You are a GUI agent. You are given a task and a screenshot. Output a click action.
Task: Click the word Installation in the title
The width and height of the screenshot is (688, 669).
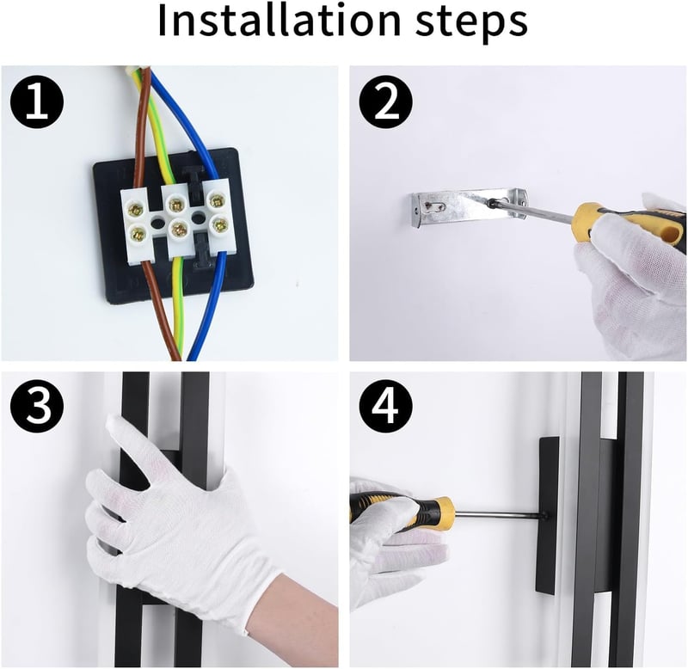279,21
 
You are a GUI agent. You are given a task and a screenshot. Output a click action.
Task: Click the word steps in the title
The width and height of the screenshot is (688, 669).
471,23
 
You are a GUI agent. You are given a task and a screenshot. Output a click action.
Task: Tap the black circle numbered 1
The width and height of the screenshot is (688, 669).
37,101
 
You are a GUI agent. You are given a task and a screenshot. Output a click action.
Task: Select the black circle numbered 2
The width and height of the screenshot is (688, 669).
385,101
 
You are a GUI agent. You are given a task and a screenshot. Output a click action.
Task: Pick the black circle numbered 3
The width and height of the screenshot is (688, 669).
37,406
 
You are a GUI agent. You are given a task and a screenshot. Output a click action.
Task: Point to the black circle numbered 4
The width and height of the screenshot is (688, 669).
385,406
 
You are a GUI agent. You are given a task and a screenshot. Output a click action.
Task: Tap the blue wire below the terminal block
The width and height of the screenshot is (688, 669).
206,307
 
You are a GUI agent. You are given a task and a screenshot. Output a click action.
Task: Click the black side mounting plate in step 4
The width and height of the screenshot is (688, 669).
548,515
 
